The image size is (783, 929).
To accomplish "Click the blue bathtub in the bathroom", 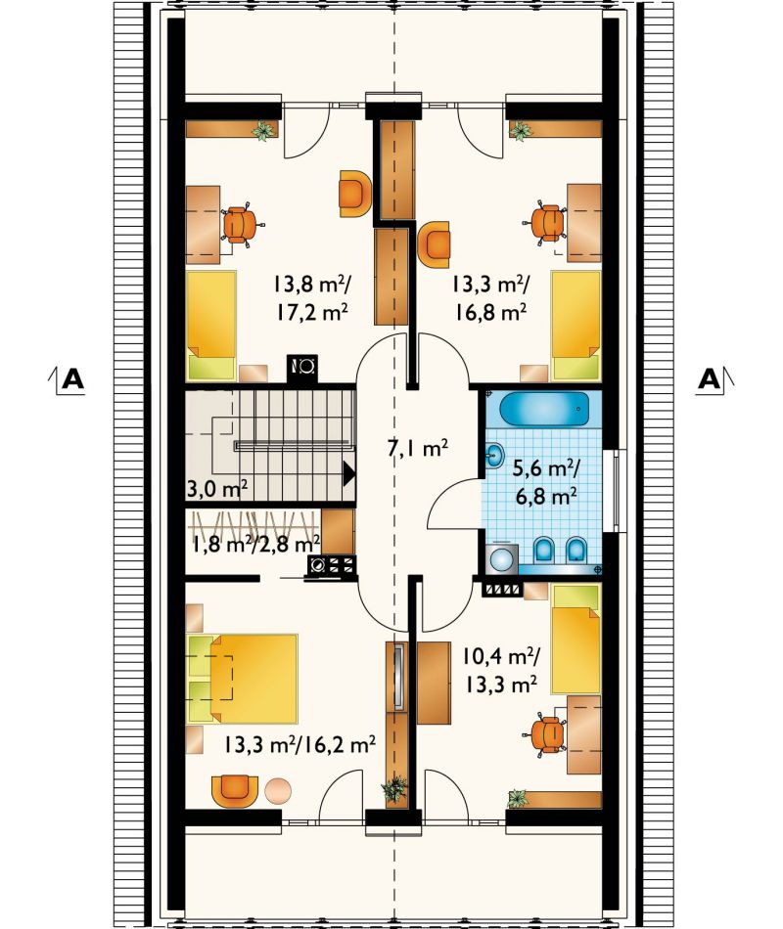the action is (544, 409).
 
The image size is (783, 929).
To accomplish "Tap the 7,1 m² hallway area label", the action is (417, 448).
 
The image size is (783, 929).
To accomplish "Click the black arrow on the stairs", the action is (348, 474).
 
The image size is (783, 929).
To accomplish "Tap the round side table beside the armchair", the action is (278, 790).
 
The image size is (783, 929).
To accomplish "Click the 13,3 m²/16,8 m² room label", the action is (490, 298).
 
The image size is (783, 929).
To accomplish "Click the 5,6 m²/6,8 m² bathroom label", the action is (546, 483).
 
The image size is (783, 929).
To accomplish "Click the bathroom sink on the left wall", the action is (494, 456).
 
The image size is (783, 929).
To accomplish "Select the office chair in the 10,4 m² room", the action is (544, 734).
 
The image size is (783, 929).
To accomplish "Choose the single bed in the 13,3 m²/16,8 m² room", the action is (576, 326).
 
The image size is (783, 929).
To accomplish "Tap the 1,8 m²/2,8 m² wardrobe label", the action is (256, 543).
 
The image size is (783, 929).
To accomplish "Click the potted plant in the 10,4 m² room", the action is (519, 799).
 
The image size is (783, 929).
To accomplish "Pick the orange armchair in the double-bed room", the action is (235, 790).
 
